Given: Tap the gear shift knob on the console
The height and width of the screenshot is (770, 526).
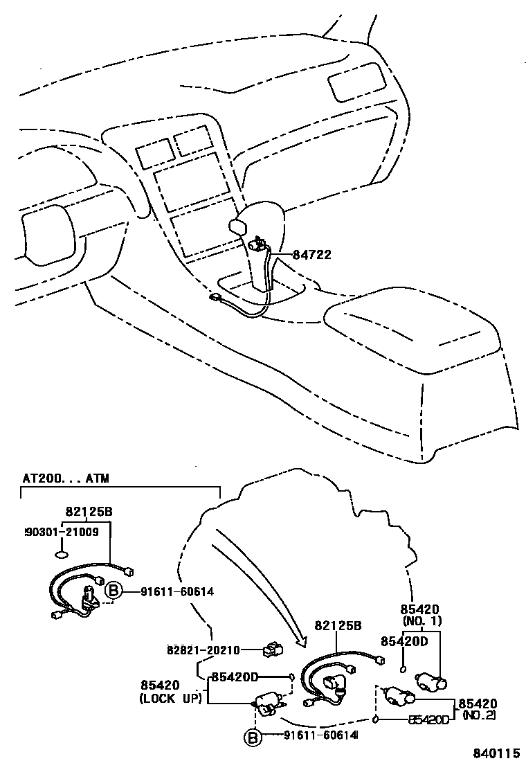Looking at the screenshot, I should [238, 226].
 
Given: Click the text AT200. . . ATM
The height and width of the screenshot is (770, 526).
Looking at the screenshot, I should [66, 478].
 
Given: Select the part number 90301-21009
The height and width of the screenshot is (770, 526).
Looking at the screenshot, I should [62, 532].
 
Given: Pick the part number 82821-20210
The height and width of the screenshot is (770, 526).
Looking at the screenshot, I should [203, 650].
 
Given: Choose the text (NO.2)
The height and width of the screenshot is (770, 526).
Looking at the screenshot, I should [479, 715].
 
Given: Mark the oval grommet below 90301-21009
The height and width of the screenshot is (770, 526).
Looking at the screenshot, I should [62, 553].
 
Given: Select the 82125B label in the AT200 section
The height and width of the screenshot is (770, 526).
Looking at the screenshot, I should [89, 512].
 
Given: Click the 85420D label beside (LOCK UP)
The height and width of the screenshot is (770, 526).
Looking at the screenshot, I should [235, 677].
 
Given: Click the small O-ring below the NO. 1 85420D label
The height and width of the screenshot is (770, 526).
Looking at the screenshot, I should [403, 670].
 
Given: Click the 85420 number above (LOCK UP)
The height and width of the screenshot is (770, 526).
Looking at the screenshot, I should [159, 685].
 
